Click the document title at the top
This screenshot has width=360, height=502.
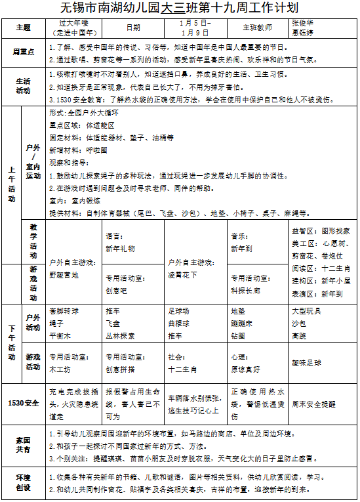pos(179,9)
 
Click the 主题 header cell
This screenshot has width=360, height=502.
pos(24,28)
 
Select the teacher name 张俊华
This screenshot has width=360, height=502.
pos(302,23)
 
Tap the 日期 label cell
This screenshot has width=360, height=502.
pos(133,28)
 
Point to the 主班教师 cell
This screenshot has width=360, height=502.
pos(256,28)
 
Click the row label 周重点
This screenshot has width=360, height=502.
pos(24,51)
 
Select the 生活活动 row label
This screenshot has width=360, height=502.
pos(24,87)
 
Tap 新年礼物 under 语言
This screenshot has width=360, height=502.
pos(119,249)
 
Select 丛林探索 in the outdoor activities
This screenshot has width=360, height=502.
pos(120,335)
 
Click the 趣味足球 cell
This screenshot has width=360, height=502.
pos(307,362)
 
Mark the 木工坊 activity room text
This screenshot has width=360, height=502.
pos(61,369)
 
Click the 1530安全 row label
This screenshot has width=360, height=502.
pos(24,402)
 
